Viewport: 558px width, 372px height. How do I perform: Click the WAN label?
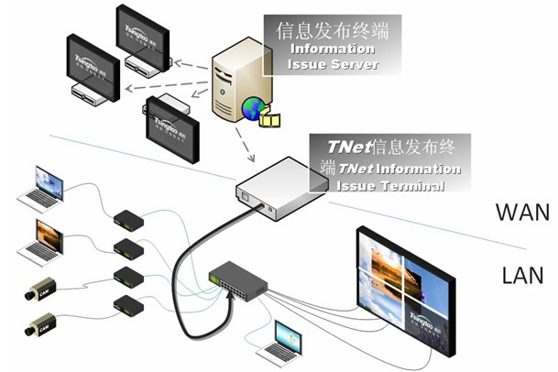coord(521,213)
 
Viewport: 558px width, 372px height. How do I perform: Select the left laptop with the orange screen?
coord(45,237)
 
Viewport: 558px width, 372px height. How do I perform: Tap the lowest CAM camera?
coord(40,323)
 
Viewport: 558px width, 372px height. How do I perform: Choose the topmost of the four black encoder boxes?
coord(126,219)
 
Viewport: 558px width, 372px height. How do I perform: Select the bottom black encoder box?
coord(126,304)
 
